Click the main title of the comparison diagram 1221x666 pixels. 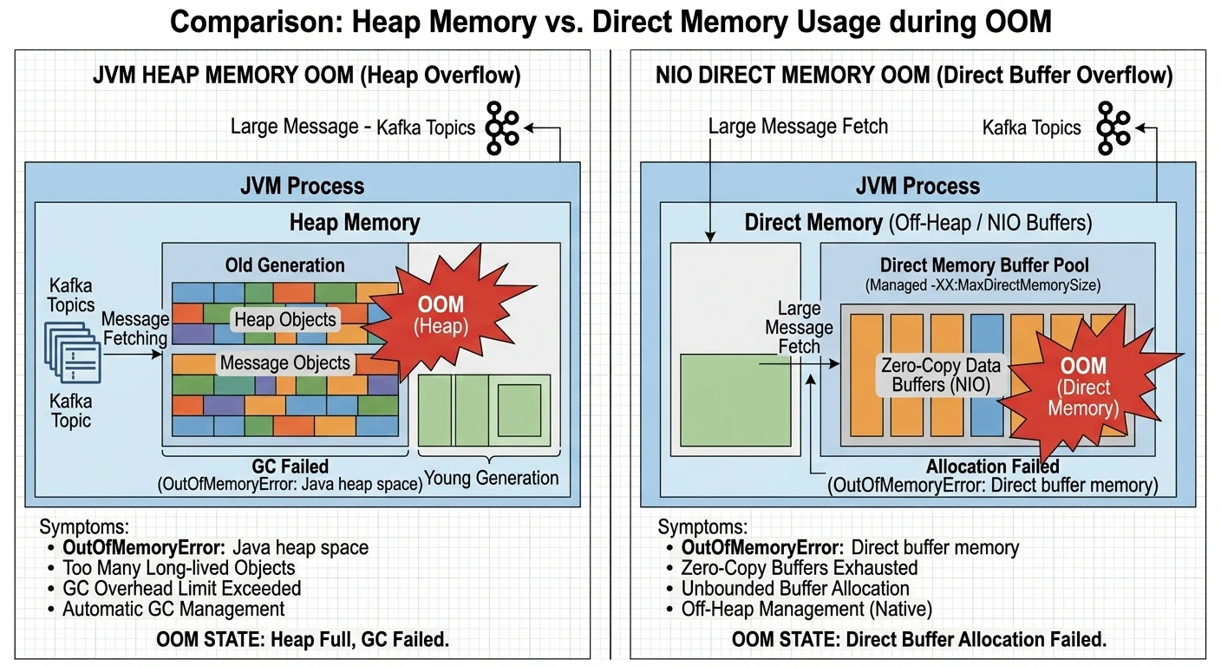click(x=610, y=22)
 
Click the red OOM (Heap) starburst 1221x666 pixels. click(x=441, y=315)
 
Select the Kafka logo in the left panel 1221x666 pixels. click(x=501, y=127)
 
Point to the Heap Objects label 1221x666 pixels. click(x=284, y=319)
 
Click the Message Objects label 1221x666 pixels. click(x=284, y=362)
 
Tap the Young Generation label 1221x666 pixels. click(x=491, y=478)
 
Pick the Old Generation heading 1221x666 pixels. click(x=284, y=265)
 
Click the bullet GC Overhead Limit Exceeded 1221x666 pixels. click(x=181, y=589)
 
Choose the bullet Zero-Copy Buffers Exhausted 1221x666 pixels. click(x=799, y=568)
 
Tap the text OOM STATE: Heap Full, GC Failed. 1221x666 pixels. click(x=303, y=641)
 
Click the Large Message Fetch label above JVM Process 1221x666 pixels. click(x=798, y=127)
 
